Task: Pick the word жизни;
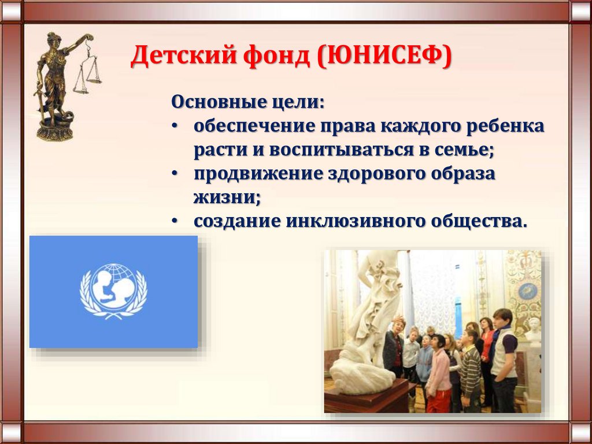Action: [x=227, y=197]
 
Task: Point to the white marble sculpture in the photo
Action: [x=368, y=324]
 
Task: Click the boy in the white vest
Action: [x=504, y=359]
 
